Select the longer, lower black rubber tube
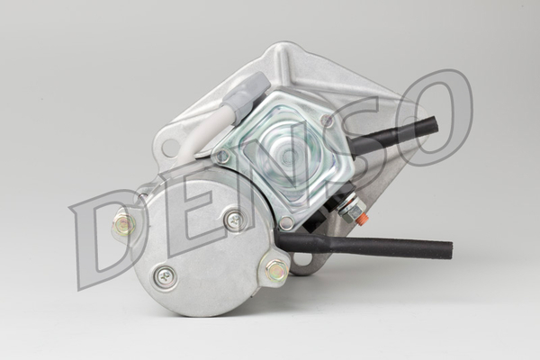point(365,246)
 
